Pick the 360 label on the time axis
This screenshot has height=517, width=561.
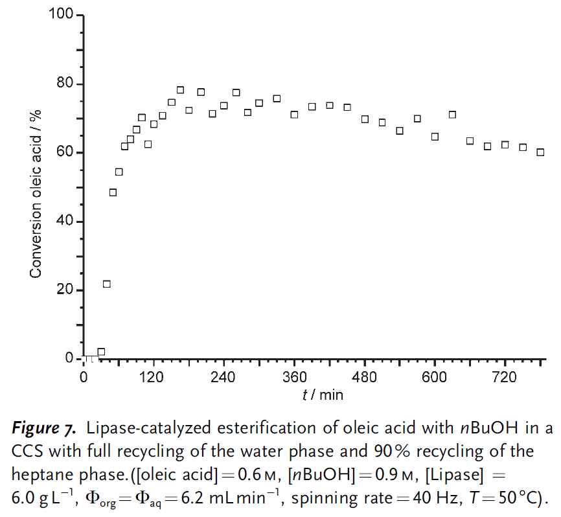294,378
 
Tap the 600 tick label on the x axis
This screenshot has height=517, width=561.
435,378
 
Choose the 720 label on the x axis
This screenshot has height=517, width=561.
505,378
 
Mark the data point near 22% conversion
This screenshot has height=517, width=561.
107,284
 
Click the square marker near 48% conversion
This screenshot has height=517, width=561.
113,192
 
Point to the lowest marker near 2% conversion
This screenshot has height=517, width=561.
101,352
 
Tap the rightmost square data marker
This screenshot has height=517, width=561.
540,152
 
